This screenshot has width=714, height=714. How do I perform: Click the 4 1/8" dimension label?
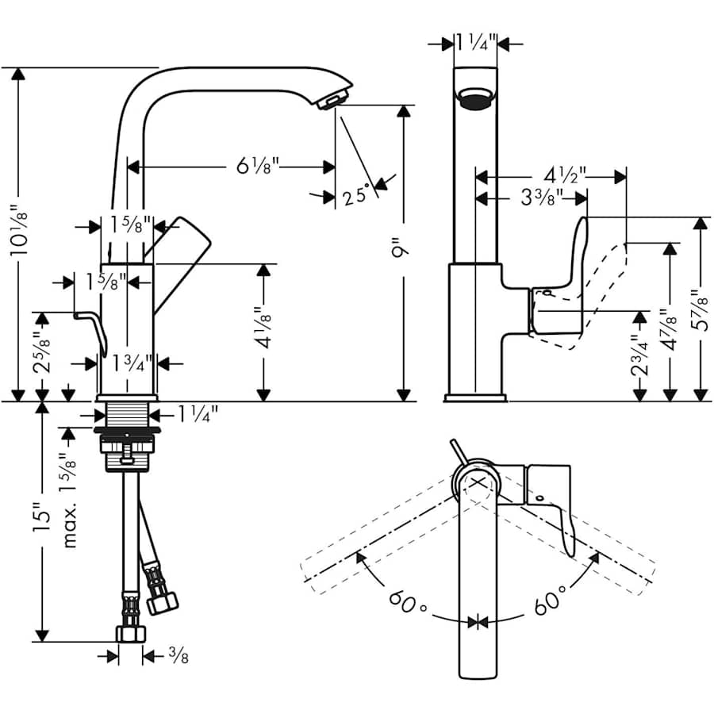pyautogui.click(x=266, y=329)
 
